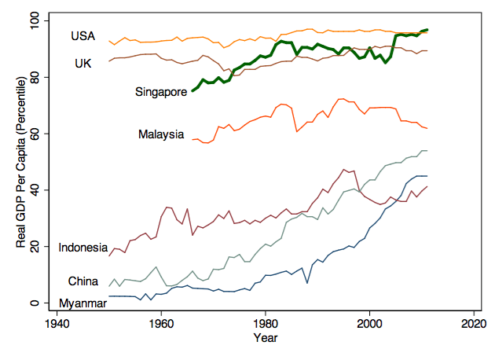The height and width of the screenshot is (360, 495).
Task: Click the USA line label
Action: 82,36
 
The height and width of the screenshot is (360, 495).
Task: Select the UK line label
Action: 82,63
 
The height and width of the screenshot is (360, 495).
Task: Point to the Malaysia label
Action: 161,134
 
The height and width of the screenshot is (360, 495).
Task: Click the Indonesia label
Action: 82,248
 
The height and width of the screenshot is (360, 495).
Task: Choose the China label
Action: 83,281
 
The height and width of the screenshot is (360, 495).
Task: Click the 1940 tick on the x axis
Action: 57,324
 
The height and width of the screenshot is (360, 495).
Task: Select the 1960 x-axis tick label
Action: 161,324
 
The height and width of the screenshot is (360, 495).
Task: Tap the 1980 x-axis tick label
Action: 266,324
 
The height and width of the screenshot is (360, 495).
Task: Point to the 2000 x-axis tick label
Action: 369,324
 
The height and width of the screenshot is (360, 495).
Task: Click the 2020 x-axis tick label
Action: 473,324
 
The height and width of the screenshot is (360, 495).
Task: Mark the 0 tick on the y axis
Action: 34,303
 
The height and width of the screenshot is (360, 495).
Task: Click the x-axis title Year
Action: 265,338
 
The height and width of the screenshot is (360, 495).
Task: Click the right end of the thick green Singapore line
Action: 427,29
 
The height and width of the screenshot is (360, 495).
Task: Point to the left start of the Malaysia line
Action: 192,139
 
